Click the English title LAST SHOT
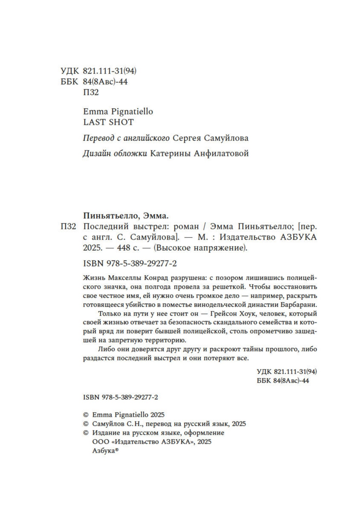coord(108,122)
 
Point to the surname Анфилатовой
coord(221,153)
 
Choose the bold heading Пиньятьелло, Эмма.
coord(126,215)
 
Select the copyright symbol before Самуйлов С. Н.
coord(86,424)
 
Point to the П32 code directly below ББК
coord(91,92)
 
